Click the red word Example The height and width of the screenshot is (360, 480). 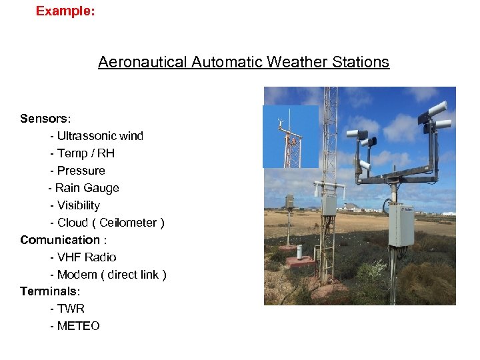(65, 11)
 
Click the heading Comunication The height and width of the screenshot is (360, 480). (59, 240)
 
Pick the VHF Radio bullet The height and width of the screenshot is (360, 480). (87, 257)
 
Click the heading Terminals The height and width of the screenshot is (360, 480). (50, 291)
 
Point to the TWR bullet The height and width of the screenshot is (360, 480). (71, 309)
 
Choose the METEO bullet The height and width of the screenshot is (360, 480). (78, 326)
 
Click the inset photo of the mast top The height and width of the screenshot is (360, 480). (290, 137)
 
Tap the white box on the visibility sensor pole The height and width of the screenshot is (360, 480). (401, 224)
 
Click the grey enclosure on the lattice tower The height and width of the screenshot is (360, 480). (329, 205)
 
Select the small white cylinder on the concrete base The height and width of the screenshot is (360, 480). (299, 252)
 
